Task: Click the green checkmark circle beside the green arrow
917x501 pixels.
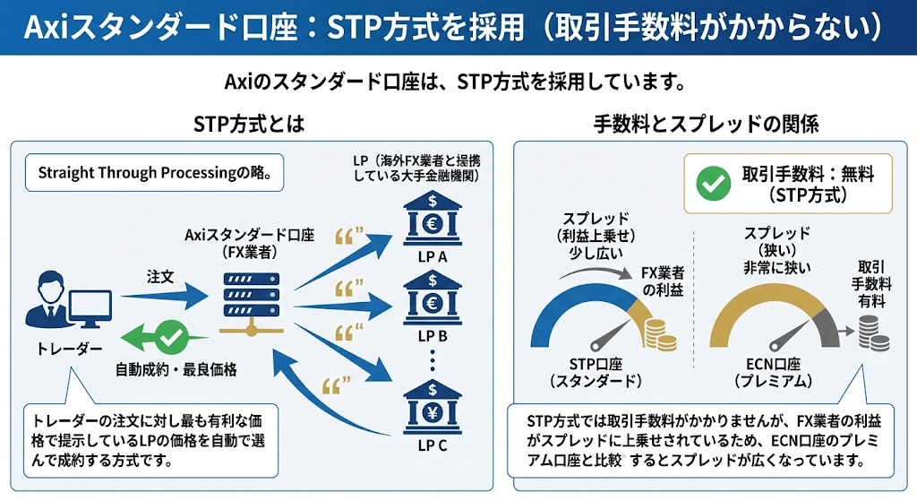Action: click(169, 338)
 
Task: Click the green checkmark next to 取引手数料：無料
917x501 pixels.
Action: click(712, 183)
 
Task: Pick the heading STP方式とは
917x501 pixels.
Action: click(250, 124)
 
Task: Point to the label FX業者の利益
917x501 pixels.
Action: click(664, 281)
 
